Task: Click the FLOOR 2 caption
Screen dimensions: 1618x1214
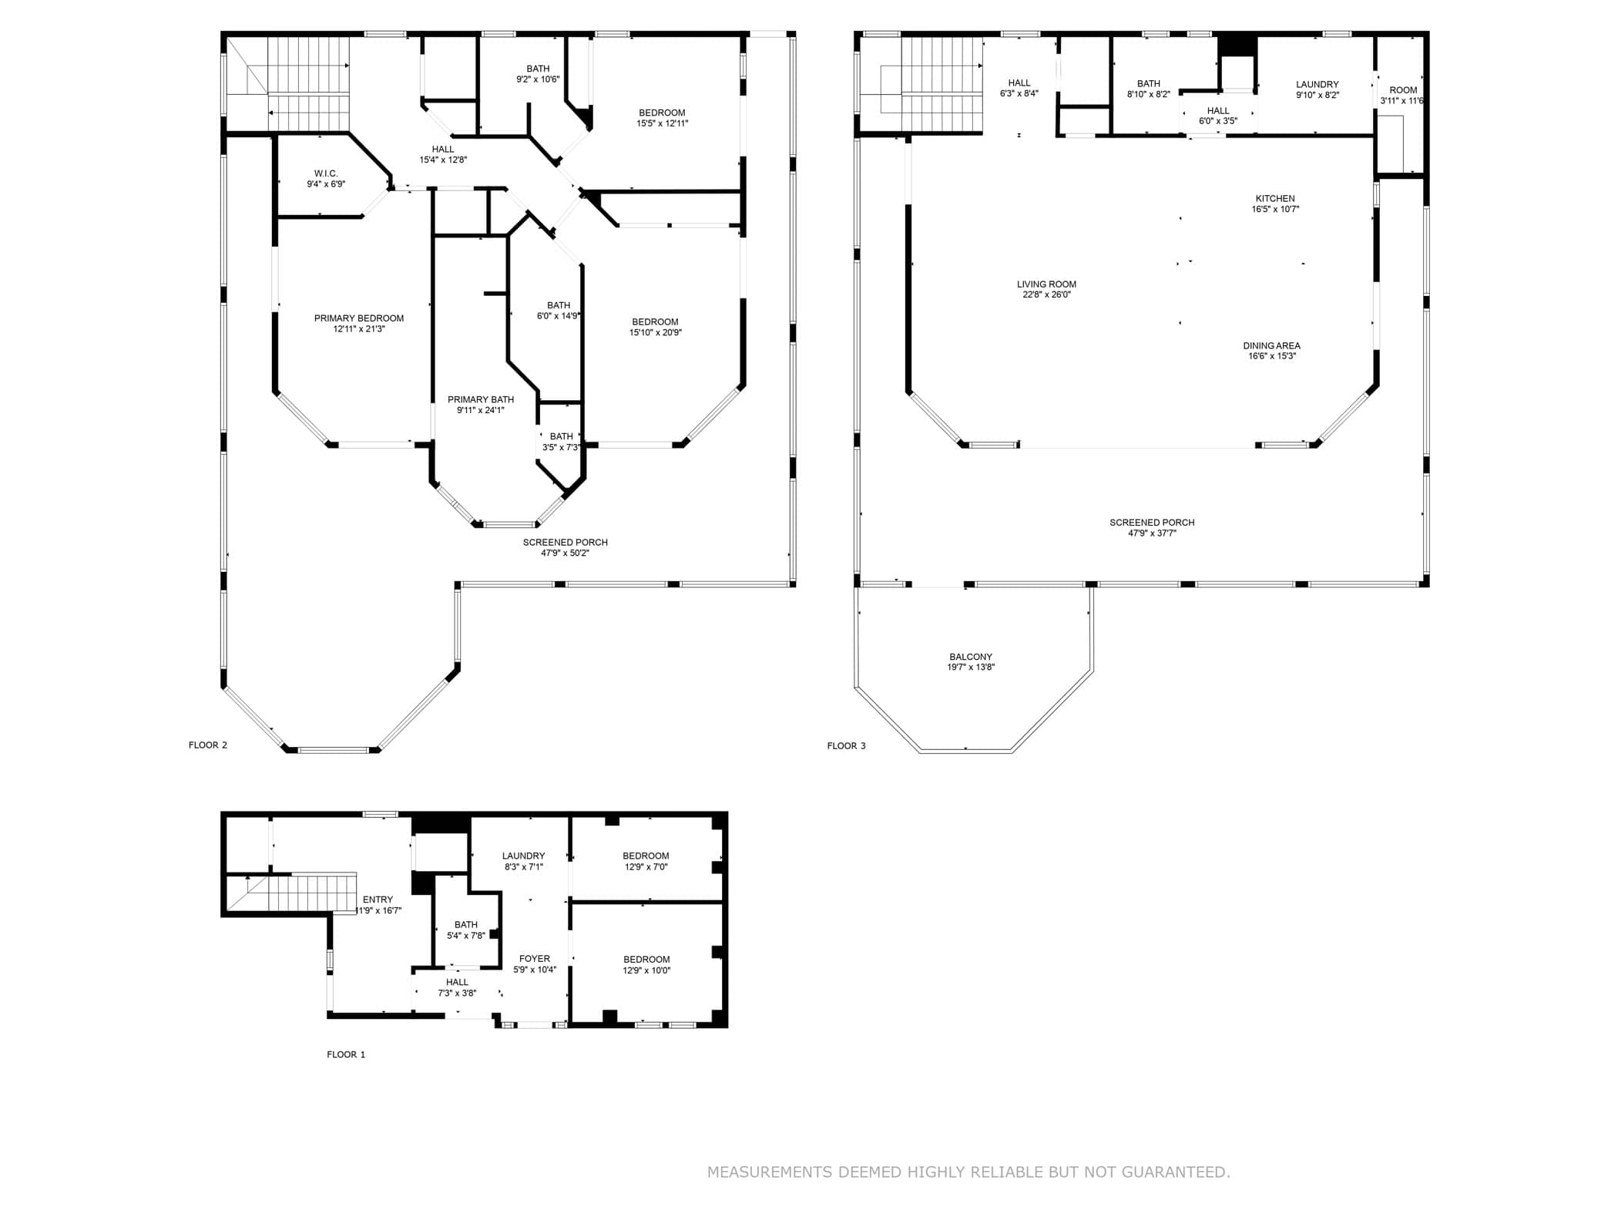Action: coord(208,745)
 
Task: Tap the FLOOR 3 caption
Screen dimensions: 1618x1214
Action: coord(846,746)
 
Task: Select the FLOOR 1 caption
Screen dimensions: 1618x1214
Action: coord(346,1054)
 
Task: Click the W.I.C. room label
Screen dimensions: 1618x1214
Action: coord(326,173)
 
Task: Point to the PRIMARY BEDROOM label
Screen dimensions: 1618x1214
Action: coord(359,318)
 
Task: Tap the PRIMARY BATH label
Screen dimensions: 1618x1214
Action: coord(481,399)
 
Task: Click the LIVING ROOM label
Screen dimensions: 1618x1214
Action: coord(1046,284)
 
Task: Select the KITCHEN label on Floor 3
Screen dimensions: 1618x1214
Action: coord(1275,199)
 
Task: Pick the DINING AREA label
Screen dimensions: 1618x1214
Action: coord(1271,346)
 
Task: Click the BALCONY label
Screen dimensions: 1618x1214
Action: coord(971,657)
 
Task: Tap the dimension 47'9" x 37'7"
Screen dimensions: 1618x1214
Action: coord(1152,533)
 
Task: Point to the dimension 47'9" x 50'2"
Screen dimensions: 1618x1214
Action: coord(565,553)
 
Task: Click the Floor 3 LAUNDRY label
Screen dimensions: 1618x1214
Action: coord(1318,85)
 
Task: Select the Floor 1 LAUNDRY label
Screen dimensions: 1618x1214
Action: coord(523,856)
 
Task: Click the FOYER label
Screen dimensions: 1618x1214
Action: coord(535,960)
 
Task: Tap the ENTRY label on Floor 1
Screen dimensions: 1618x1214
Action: coord(378,900)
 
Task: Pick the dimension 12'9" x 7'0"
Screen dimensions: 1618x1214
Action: coord(646,867)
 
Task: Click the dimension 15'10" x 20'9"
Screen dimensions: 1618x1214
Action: coord(655,333)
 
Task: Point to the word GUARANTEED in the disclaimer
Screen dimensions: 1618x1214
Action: coord(1176,1172)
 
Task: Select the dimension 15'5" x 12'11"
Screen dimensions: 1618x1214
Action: coord(662,123)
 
